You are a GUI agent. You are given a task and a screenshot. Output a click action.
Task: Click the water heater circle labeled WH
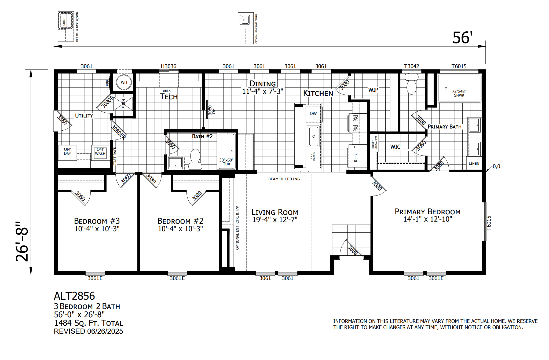pyautogui.click(x=124, y=82)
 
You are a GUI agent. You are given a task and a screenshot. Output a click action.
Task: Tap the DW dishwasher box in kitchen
pyautogui.click(x=313, y=114)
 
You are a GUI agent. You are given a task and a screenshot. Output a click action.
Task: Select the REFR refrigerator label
pyautogui.click(x=356, y=157)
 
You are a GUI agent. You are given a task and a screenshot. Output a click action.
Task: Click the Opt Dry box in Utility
pyautogui.click(x=67, y=152)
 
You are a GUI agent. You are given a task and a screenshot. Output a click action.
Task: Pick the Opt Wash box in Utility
pyautogui.click(x=100, y=152)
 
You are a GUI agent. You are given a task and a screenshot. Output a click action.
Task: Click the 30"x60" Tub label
pyautogui.click(x=226, y=162)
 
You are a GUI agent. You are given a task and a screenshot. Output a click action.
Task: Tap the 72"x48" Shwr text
pyautogui.click(x=459, y=93)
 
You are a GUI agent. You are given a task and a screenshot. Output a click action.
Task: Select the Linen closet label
pyautogui.click(x=474, y=163)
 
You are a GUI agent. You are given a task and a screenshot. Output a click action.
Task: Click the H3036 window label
pyautogui.click(x=169, y=66)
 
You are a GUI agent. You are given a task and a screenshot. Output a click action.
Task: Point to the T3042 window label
pyautogui.click(x=411, y=66)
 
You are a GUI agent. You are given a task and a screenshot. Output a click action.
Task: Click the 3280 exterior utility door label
pyautogui.click(x=62, y=120)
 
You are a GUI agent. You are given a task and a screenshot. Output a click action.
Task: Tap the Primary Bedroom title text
pyautogui.click(x=427, y=212)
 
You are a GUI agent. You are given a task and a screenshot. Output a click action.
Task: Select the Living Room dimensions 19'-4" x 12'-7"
pyautogui.click(x=275, y=220)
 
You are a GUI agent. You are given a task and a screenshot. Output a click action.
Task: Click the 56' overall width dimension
pyautogui.click(x=462, y=38)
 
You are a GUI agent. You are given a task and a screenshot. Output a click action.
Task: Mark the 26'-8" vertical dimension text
pyautogui.click(x=22, y=241)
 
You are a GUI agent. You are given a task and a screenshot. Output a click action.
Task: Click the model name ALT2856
pyautogui.click(x=74, y=296)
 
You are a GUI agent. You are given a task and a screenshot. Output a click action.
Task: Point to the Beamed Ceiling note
pyautogui.click(x=284, y=179)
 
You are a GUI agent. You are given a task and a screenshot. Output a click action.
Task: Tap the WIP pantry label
pyautogui.click(x=373, y=90)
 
